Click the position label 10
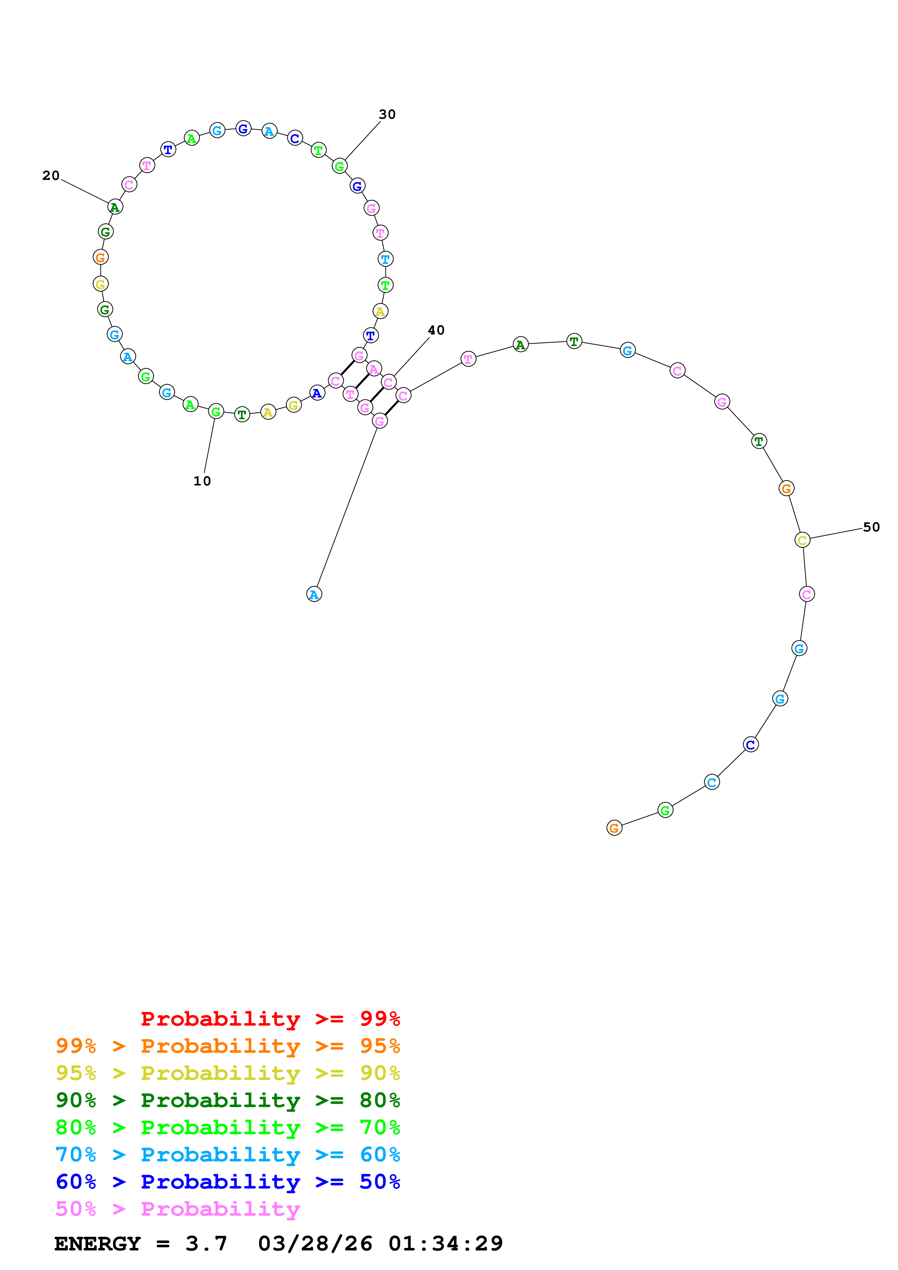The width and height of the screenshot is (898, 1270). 202,481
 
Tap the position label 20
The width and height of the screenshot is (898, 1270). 51,176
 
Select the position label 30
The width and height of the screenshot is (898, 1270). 387,114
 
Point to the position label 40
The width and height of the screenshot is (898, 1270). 436,330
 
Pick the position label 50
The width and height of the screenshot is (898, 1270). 872,527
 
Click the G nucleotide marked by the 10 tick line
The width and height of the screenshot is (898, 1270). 216,412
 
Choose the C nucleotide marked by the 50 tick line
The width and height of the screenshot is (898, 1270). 802,540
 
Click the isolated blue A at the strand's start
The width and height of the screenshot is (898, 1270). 314,594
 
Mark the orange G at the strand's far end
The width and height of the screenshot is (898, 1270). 614,828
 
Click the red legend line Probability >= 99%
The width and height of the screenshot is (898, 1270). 270,1019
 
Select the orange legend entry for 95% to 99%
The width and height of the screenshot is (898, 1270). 227,1046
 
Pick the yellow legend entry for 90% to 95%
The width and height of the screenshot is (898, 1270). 227,1073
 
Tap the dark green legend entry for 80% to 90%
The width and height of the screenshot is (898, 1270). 227,1100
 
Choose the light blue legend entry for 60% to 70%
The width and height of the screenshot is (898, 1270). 227,1155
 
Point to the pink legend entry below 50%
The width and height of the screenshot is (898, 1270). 177,1208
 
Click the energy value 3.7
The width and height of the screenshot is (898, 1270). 206,1244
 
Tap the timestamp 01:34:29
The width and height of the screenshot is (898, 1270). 446,1244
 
